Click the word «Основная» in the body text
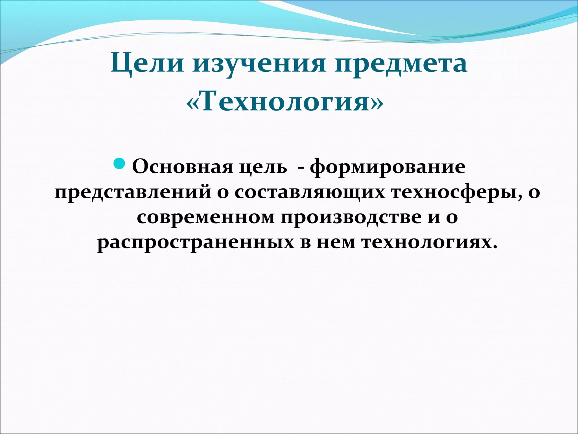pyautogui.click(x=182, y=167)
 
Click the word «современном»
pyautogui.click(x=206, y=217)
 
